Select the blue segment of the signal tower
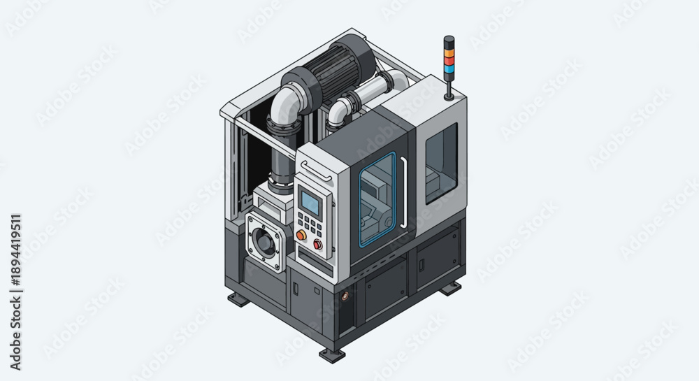pyautogui.click(x=449, y=68)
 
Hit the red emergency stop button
pyautogui.click(x=318, y=244)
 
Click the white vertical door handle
pyautogui.click(x=404, y=192)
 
